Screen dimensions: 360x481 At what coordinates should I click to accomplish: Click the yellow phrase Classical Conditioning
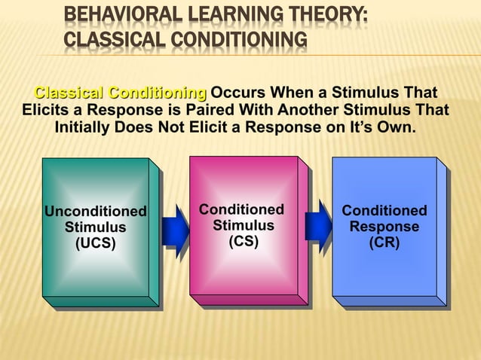pos(121,94)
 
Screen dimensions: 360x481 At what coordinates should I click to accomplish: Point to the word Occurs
pos(238,94)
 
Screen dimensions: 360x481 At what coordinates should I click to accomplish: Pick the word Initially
pos(82,127)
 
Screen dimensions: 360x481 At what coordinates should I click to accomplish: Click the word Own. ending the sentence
pos(397,127)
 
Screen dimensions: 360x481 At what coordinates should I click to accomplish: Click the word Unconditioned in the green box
pos(95,211)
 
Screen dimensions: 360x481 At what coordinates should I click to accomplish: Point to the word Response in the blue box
pos(384,227)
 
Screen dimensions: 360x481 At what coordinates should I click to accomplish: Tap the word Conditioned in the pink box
pos(242,209)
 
